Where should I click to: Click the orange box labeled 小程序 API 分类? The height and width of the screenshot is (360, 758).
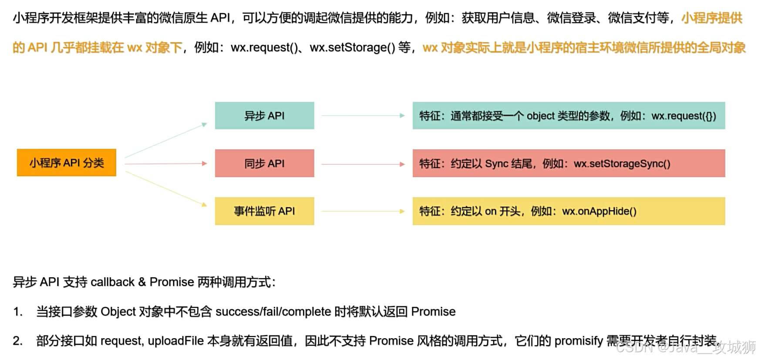coord(67,163)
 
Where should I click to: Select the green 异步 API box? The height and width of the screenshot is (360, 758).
coord(264,116)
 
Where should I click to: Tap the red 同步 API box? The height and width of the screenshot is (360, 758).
coord(264,163)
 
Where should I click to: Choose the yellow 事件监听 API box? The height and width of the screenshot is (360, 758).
coord(264,211)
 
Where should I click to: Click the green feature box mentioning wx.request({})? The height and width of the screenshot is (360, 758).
coord(569,116)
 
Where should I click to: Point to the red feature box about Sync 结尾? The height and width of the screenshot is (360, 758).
coord(569,163)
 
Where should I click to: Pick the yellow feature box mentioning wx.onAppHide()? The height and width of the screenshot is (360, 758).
coord(569,211)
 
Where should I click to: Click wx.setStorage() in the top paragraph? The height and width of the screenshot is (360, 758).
coord(352,47)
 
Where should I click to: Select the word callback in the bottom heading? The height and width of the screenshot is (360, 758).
coord(113,282)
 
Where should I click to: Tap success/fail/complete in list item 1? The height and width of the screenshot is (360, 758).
coord(273,312)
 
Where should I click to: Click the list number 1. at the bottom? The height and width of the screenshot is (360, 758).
coord(17,312)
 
